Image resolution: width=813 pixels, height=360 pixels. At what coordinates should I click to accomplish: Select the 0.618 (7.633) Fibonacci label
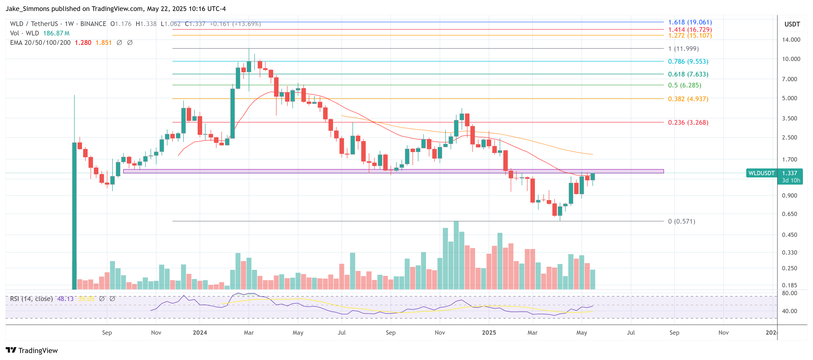coord(688,74)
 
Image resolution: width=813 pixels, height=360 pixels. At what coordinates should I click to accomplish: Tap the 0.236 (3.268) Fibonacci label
coord(688,122)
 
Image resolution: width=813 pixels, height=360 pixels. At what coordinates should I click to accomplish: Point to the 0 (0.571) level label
coord(681,221)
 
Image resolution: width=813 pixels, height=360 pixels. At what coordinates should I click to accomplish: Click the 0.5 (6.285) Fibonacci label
coord(684,85)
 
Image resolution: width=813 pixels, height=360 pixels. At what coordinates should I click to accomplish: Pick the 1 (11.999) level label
coord(683,49)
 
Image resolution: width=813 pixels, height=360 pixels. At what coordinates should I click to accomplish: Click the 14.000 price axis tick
coord(791,40)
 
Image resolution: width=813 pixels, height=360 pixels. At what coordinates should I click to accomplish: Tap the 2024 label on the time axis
coord(200,333)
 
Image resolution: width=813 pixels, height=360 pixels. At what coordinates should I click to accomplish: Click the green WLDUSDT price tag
coord(761,173)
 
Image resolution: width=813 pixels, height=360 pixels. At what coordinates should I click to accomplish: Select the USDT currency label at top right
coord(792,24)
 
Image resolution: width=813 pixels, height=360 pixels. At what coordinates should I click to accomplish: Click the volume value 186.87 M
coord(56,33)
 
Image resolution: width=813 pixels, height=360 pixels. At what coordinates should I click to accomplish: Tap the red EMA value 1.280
coord(83,43)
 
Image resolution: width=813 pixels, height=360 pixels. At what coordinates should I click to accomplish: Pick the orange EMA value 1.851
coord(104,43)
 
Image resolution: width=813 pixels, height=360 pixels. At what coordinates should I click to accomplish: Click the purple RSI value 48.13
coord(65,299)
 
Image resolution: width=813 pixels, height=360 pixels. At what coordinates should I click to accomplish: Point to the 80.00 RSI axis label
coord(789,293)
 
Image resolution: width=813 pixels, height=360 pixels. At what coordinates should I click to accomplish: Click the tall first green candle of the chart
coord(74,215)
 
